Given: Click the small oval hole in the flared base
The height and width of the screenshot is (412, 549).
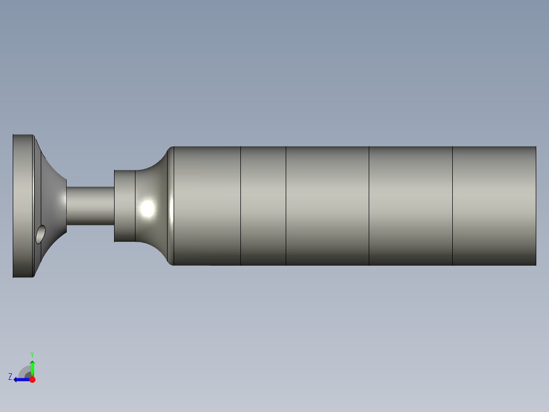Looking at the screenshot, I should tap(41, 234).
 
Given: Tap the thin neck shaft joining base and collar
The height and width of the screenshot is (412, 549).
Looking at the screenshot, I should tap(91, 205).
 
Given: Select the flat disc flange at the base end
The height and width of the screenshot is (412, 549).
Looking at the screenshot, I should tap(22, 206).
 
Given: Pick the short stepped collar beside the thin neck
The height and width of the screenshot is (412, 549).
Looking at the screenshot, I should tap(124, 205).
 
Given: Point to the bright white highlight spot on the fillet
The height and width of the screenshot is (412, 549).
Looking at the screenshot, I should tap(148, 208).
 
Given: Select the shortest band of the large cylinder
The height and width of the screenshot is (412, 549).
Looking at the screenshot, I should tap(263, 206).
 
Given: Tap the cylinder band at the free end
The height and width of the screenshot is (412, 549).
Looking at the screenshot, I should tap(494, 206).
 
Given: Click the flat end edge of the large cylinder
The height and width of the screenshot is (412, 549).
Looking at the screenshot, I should tap(536, 206).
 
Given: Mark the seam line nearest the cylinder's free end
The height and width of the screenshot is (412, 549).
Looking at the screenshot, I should tap(453, 206).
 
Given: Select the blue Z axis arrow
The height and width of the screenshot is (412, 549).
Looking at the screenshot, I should tap(20, 379).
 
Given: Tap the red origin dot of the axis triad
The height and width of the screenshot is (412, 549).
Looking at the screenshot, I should tap(32, 379).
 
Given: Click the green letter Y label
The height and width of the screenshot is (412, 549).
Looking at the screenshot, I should tap(32, 354).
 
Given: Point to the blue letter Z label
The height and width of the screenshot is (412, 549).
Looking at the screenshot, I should tap(10, 377).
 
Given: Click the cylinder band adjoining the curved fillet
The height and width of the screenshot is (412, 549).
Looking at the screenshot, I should tap(207, 206).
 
